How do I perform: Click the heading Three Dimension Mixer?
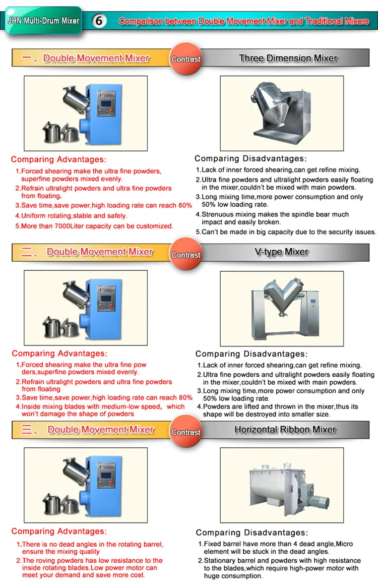click(288, 58)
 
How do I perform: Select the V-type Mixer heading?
click(281, 252)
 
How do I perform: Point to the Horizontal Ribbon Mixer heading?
click(285, 430)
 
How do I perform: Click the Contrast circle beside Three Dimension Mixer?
click(185, 59)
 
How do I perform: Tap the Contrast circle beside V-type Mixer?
click(185, 255)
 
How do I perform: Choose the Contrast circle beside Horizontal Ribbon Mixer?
click(185, 432)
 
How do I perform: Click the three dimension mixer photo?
click(282, 113)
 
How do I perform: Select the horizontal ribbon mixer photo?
click(282, 485)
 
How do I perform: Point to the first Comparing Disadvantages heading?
click(250, 158)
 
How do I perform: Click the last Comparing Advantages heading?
click(59, 532)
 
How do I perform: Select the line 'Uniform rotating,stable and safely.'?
click(74, 216)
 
